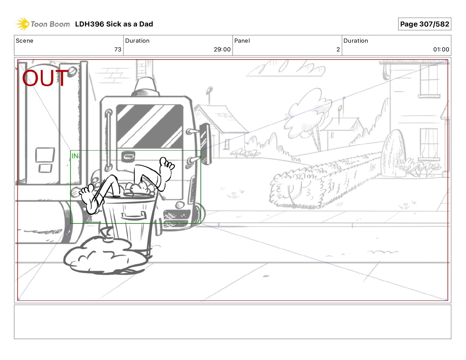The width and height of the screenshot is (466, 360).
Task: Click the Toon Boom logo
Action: pyautogui.click(x=43, y=24)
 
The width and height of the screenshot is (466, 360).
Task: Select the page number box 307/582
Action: pyautogui.click(x=425, y=24)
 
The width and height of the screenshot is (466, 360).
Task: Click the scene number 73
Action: pyautogui.click(x=118, y=49)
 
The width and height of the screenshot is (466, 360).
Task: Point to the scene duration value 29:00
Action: pyautogui.click(x=222, y=49)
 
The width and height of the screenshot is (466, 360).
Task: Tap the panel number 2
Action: pyautogui.click(x=338, y=49)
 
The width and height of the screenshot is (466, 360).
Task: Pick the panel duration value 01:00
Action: pyautogui.click(x=441, y=49)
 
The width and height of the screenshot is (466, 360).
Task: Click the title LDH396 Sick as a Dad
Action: pyautogui.click(x=114, y=24)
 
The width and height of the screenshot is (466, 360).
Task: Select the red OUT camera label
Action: pyautogui.click(x=45, y=78)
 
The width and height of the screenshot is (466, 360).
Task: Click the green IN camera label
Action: pyautogui.click(x=75, y=156)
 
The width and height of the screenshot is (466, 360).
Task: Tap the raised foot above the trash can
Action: pyautogui.click(x=167, y=168)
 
